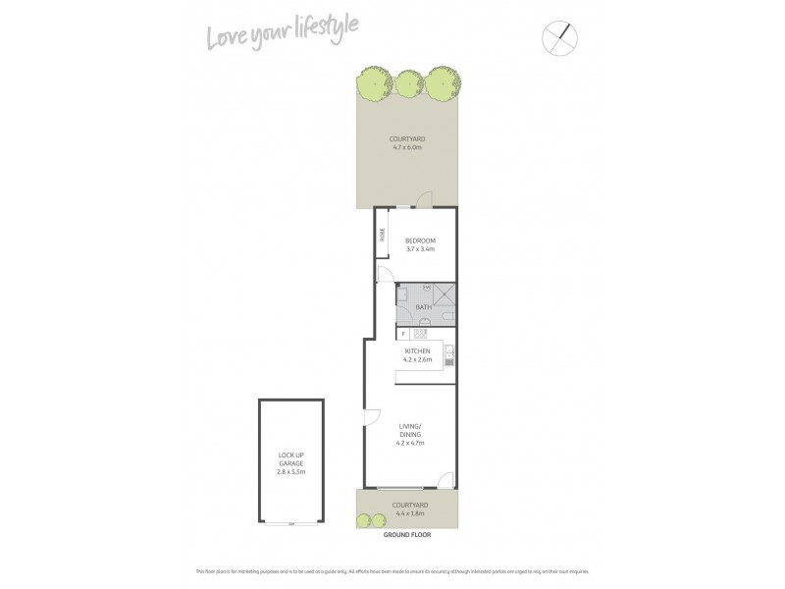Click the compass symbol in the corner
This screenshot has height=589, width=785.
[559, 37]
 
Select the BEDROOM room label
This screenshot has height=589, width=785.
[419, 241]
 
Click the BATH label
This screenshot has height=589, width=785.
[423, 307]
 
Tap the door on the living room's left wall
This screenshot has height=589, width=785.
[371, 417]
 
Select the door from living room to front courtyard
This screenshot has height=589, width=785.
[445, 481]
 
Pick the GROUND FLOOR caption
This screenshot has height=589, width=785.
[406, 536]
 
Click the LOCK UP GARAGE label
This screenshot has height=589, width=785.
[290, 461]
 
